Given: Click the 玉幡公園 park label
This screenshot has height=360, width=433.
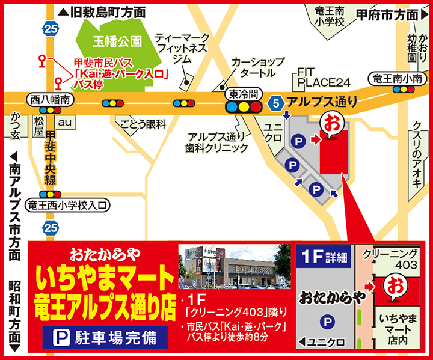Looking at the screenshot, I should tap(118, 41).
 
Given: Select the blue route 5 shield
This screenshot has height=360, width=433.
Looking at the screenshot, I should tap(276, 103).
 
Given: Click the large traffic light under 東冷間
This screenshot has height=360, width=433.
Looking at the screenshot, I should tap(244, 107).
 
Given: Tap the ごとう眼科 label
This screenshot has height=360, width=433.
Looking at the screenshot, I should tap(143, 124).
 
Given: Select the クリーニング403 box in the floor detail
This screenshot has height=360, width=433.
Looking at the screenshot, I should tap(390, 259).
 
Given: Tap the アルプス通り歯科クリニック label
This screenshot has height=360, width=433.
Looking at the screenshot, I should tap(216, 142).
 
